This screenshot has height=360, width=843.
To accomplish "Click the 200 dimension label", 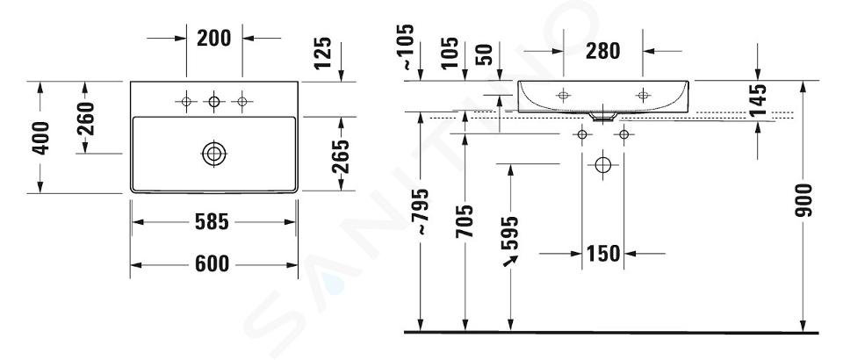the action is (x=214, y=38).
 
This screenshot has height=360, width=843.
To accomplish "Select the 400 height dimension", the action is (x=40, y=138).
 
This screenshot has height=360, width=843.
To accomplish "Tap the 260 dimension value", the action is (x=85, y=119).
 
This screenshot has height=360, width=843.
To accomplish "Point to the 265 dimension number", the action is (x=340, y=156).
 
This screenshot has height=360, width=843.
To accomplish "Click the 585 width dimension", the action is (x=212, y=221).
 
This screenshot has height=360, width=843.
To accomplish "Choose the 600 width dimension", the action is (x=212, y=263).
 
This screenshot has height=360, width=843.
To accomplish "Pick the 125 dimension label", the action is (x=322, y=53).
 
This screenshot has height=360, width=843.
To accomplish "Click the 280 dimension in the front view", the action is (x=602, y=51).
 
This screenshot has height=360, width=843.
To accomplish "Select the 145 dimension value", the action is (x=758, y=100).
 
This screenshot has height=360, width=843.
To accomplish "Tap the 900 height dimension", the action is (x=803, y=200).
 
